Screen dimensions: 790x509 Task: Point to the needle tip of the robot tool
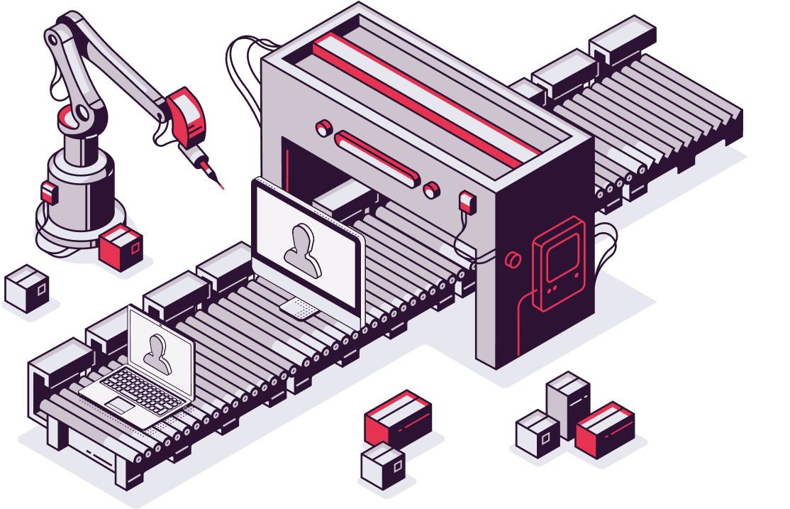pos(222,187)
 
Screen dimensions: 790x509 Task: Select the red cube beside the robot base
pos(121,248)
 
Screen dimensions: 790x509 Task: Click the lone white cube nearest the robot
pos(27,289)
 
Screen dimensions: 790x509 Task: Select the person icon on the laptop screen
pos(157,354)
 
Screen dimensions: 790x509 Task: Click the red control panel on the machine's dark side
pos(558,263)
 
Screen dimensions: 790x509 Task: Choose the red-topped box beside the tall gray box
pos(605,429)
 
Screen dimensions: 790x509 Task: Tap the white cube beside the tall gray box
pos(537,434)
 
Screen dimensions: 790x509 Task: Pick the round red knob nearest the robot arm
pos(323,128)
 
